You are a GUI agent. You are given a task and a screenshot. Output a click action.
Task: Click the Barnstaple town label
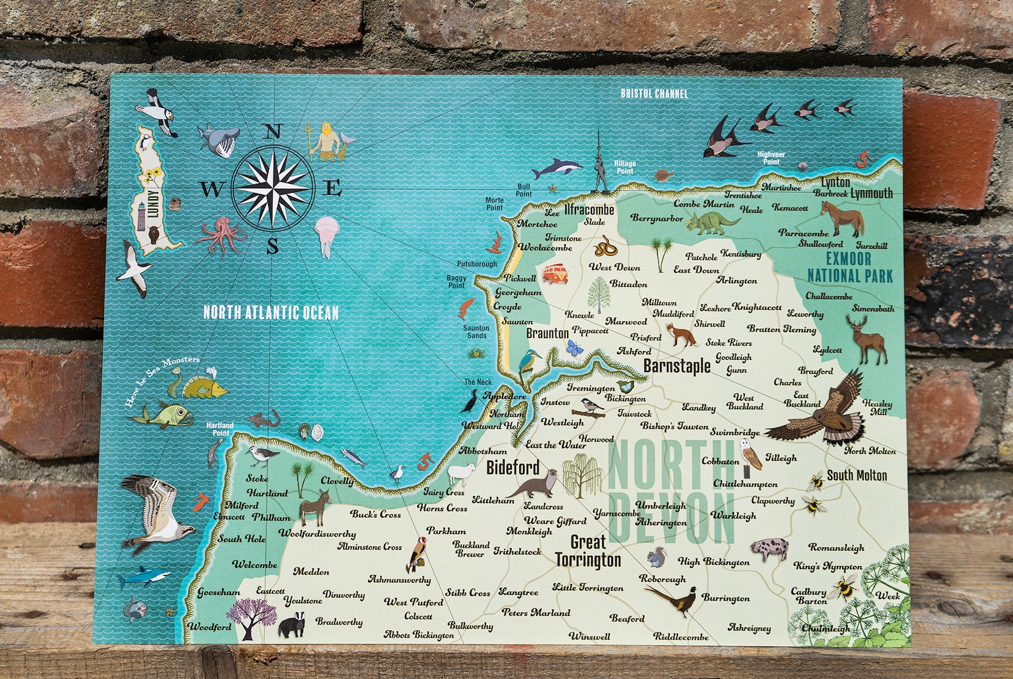click(x=676, y=366)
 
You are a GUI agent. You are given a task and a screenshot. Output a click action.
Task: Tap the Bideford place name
click(x=512, y=467)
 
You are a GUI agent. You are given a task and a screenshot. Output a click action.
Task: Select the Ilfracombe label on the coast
click(x=589, y=209)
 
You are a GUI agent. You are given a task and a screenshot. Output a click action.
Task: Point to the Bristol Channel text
click(x=654, y=94)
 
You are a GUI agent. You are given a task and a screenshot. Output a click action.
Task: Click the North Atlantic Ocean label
click(x=270, y=312)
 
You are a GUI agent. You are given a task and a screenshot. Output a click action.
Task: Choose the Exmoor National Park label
click(x=850, y=267)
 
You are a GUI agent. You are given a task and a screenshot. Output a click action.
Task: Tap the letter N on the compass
click(x=273, y=132)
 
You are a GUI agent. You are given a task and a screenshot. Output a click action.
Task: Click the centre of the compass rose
click(x=273, y=187)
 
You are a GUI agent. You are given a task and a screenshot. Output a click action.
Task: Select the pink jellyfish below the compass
click(x=325, y=234)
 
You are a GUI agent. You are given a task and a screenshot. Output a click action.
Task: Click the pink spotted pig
click(x=769, y=549)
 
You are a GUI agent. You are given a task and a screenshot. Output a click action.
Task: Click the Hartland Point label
click(x=220, y=429)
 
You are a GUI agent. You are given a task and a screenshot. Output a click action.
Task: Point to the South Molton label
click(x=857, y=475)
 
